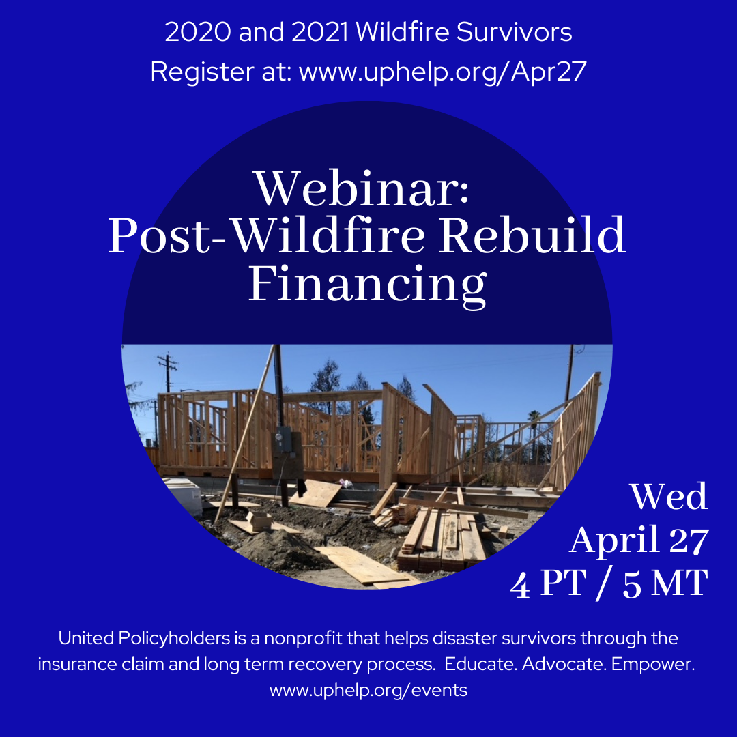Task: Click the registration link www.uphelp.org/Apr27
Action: point(443,72)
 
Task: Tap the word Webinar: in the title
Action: point(362,188)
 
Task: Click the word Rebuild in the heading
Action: point(532,235)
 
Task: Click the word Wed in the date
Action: point(668,496)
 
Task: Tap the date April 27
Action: point(639,540)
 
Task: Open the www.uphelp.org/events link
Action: point(369,690)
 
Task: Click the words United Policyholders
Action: point(144,638)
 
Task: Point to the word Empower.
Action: point(653,665)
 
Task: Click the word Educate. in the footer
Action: point(481,664)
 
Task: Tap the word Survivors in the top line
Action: point(515,33)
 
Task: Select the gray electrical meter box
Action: point(283,439)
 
